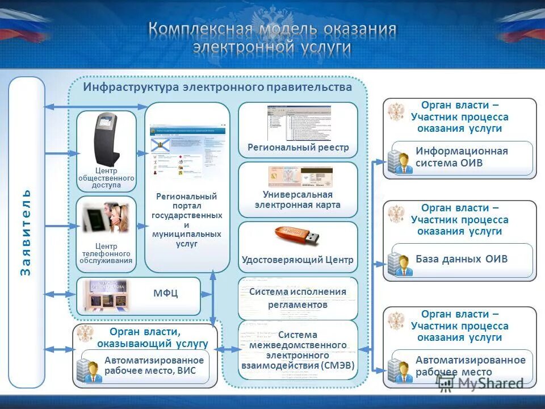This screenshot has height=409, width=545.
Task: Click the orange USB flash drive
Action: [x=297, y=235]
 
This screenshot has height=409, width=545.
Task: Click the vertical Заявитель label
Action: [x=26, y=233]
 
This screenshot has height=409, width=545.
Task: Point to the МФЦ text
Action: [x=166, y=293]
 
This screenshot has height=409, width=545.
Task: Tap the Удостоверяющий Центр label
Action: [x=297, y=260]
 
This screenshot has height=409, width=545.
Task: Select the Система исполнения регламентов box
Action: [x=297, y=298]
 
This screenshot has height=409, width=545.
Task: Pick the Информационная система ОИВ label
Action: [x=461, y=157]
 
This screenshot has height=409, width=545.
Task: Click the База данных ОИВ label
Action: [x=461, y=260]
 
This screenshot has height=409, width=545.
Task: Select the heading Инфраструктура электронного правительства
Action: [x=218, y=87]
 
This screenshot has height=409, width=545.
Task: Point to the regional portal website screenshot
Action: [x=187, y=151]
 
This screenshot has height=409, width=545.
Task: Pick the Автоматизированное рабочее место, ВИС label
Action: [x=153, y=365]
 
